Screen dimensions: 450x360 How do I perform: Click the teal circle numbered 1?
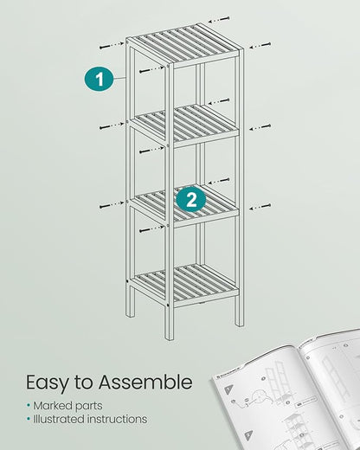(x=99, y=80)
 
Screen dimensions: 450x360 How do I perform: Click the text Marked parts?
(x=68, y=405)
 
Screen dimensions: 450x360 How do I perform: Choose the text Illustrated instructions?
(x=90, y=419)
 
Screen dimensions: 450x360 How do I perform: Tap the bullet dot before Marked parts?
(x=28, y=405)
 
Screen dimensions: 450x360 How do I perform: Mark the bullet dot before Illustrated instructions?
(x=28, y=419)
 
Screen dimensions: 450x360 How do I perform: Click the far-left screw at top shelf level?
(x=106, y=47)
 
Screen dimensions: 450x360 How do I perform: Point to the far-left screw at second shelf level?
(x=106, y=128)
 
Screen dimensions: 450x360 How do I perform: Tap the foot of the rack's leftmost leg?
(x=130, y=312)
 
